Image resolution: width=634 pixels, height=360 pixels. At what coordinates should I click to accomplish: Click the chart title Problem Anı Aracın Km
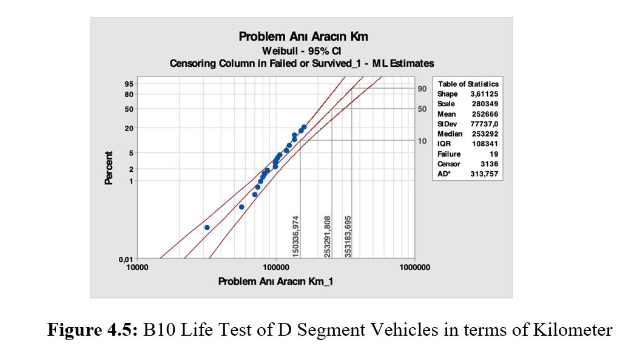pyautogui.click(x=303, y=37)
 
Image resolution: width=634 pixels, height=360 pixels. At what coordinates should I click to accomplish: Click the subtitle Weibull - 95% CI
pyautogui.click(x=302, y=50)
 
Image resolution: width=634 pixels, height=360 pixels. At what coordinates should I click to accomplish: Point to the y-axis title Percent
pyautogui.click(x=109, y=168)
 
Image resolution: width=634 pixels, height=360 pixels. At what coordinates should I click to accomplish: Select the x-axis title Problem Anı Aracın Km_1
pyautogui.click(x=275, y=281)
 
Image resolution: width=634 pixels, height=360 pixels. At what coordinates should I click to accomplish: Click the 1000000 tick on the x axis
pyautogui.click(x=415, y=268)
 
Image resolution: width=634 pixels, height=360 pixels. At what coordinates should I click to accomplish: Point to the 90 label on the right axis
pyautogui.click(x=422, y=89)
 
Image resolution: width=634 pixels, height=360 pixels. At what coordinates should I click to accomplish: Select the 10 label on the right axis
pyautogui.click(x=422, y=141)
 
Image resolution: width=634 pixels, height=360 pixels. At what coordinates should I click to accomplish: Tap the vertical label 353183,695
pyautogui.click(x=348, y=237)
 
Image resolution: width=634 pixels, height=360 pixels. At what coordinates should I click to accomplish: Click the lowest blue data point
pyautogui.click(x=207, y=228)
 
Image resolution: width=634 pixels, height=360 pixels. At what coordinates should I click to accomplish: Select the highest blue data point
pyautogui.click(x=304, y=127)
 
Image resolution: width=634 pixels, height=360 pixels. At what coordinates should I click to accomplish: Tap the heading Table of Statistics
pyautogui.click(x=468, y=84)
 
